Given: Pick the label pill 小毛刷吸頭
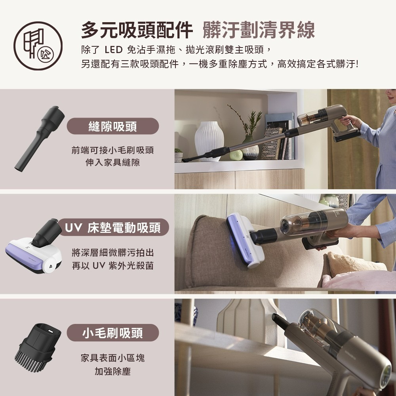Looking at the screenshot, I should tap(113, 333).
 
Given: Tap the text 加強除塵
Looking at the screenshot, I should tap(113, 371).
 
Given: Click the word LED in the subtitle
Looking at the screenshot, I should tap(114, 50).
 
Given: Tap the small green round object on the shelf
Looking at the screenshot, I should tap(236, 154).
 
